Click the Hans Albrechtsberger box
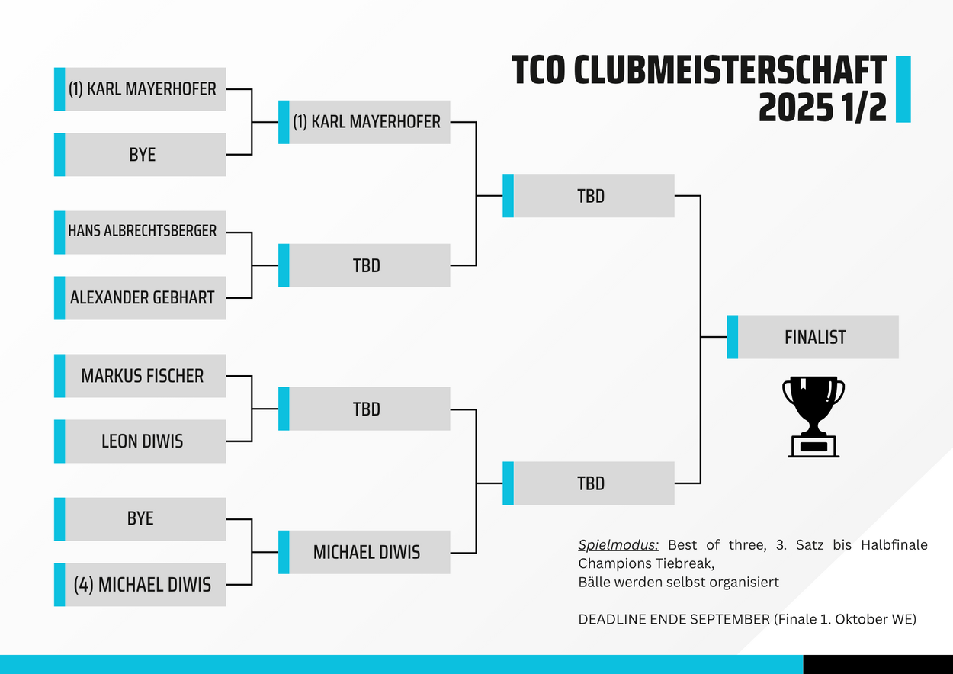140,233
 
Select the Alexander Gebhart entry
140,298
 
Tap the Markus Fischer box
140,376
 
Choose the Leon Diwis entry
140,441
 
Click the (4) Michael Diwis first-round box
140,585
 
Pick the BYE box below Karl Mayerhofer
140,155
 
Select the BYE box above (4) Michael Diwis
140,519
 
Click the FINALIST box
813,337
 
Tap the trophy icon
813,417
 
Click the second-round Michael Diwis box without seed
364,552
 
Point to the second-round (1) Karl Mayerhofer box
364,122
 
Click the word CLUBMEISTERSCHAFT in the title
730,70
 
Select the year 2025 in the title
796,108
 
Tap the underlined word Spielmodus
618,545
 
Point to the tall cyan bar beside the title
903,89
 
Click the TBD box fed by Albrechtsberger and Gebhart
364,265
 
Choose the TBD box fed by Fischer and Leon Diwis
364,409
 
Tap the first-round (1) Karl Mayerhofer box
140,89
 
